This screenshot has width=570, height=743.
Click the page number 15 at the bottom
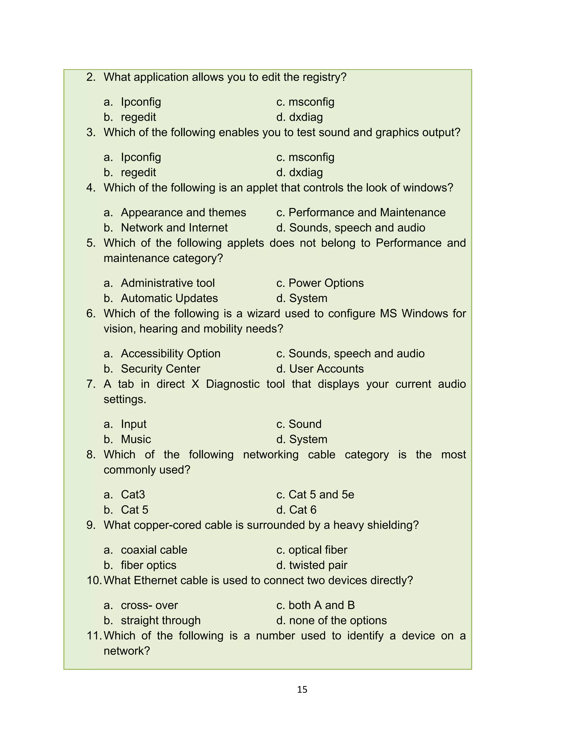[x=302, y=689]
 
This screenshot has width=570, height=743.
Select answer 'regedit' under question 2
[x=138, y=117]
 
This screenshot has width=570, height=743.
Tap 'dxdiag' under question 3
[x=306, y=172]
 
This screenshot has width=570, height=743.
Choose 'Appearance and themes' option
[x=183, y=212]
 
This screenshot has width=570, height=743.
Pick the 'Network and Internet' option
[x=174, y=228]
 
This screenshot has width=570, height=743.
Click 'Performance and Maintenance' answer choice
[x=367, y=212]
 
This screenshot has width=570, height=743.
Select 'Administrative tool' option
[x=168, y=283]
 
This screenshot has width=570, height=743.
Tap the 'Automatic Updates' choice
[x=169, y=298]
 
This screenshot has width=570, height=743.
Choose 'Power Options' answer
[x=326, y=283]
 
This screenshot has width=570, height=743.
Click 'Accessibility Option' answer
[x=170, y=354]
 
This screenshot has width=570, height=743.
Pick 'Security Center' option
[x=161, y=369]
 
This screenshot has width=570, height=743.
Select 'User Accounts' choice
[x=326, y=369]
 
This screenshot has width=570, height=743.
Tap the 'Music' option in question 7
[x=136, y=439]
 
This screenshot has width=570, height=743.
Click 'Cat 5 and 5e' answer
[x=321, y=495]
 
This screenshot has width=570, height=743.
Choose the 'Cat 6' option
[x=303, y=510]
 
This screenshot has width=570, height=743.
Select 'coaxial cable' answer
[x=154, y=550]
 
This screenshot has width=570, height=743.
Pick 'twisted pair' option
[x=318, y=565]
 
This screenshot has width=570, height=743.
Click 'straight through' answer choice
[x=161, y=621]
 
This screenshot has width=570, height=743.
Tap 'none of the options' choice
[x=338, y=621]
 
